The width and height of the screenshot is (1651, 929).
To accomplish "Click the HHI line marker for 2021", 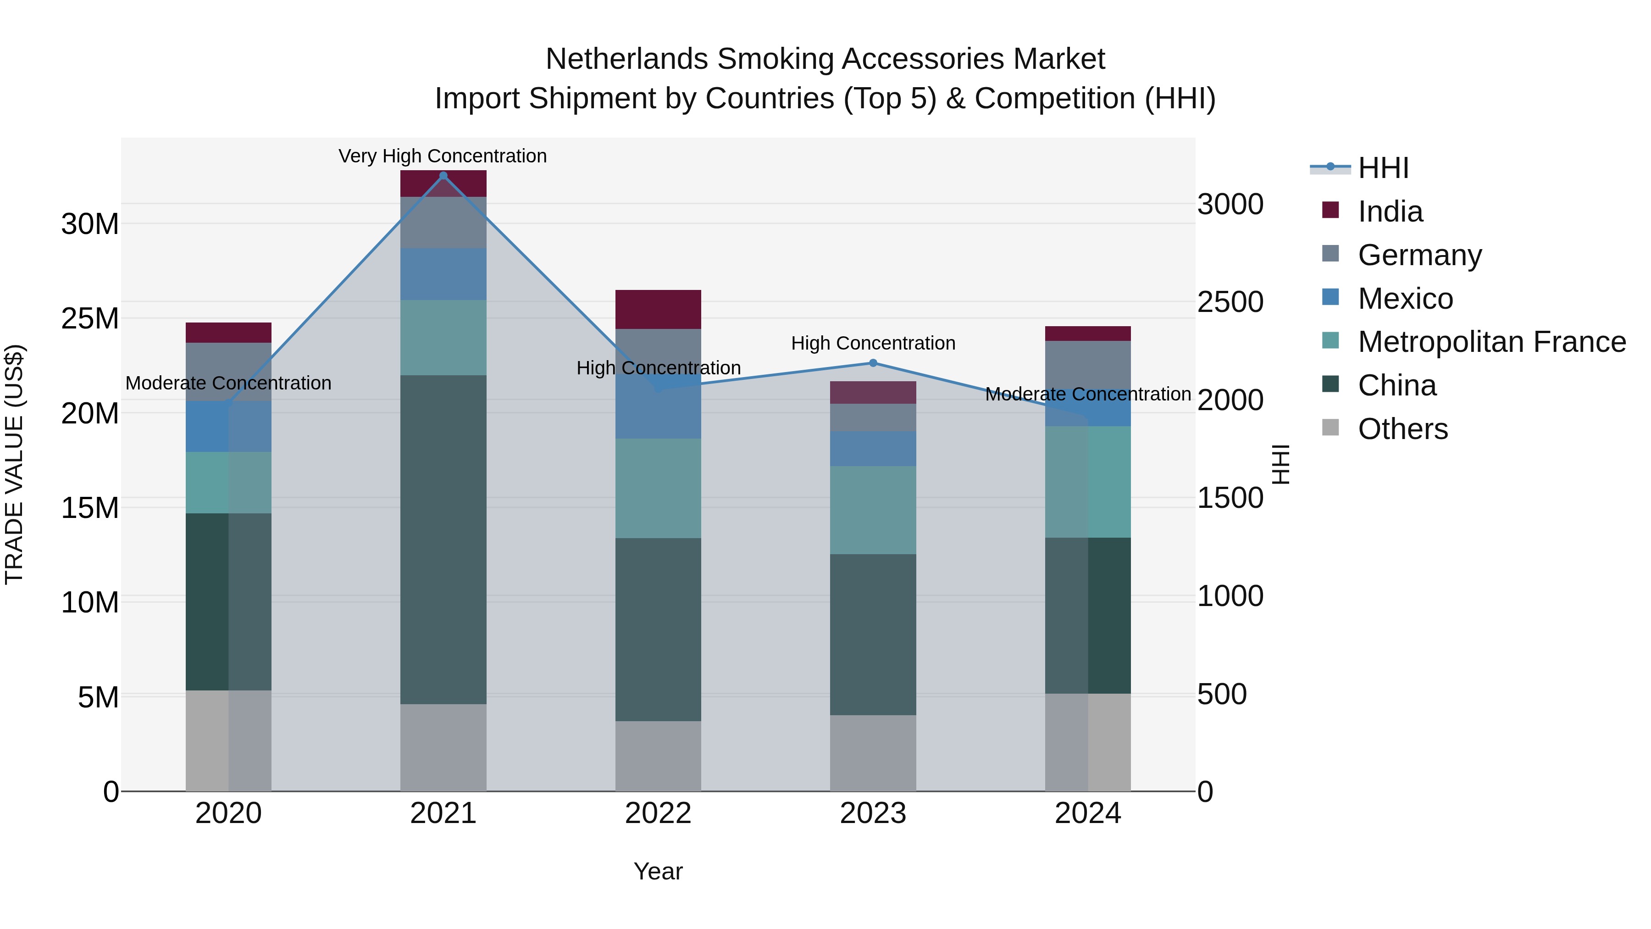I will click(443, 176).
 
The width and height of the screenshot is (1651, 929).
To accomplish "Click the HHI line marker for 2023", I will click(873, 363).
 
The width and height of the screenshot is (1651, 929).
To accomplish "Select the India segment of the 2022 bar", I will click(658, 310).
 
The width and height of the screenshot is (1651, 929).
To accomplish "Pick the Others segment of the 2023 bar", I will click(873, 753).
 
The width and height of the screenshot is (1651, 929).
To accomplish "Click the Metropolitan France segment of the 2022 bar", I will click(658, 488).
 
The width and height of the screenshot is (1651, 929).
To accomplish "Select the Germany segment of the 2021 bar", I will click(443, 223).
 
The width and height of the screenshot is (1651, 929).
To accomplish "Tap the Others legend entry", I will click(1402, 429).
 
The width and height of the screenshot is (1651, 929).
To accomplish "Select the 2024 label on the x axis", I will click(1088, 813).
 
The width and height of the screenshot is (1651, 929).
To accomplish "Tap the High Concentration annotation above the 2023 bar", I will click(873, 343).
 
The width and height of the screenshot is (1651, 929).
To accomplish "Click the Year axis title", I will click(658, 871).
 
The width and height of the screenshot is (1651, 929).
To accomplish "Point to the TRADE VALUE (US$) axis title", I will click(14, 464).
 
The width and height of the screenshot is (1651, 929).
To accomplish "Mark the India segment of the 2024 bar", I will click(1088, 334).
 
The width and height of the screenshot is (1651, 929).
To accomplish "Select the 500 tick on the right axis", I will click(1222, 695).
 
